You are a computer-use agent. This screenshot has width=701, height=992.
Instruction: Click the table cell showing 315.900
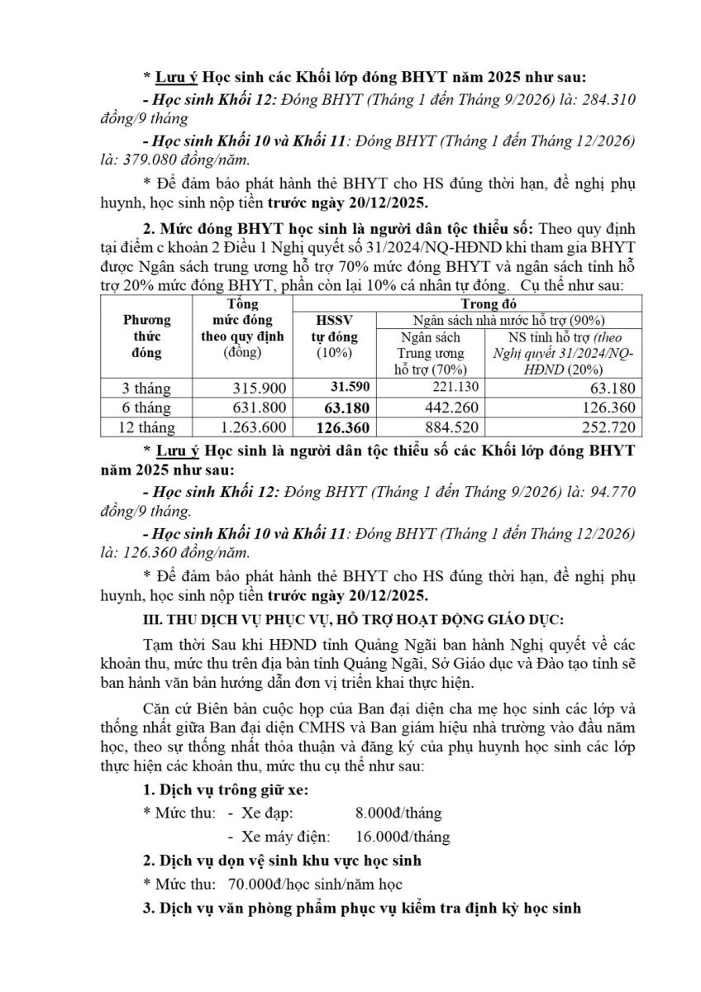point(261,389)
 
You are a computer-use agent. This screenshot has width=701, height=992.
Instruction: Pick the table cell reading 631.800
point(261,408)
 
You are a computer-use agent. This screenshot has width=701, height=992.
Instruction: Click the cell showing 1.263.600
point(251,427)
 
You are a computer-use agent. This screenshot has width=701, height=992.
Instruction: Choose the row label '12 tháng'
point(147,427)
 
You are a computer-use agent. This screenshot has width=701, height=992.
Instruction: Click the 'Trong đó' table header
point(471,304)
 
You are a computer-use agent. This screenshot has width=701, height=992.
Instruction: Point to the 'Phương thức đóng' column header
point(147,336)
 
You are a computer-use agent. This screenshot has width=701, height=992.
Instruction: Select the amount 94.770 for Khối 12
point(608,491)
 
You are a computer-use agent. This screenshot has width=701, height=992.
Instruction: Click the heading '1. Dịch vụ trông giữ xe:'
point(226,789)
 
